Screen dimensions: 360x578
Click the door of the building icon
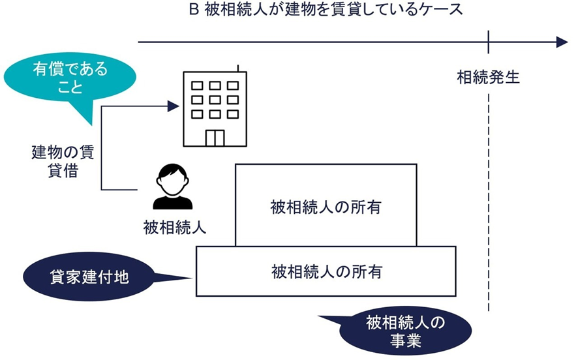215,138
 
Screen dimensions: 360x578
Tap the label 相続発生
488,78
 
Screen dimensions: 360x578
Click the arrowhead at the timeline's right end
560,42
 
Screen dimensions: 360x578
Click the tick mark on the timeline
488,42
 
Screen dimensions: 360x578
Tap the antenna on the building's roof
238,68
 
